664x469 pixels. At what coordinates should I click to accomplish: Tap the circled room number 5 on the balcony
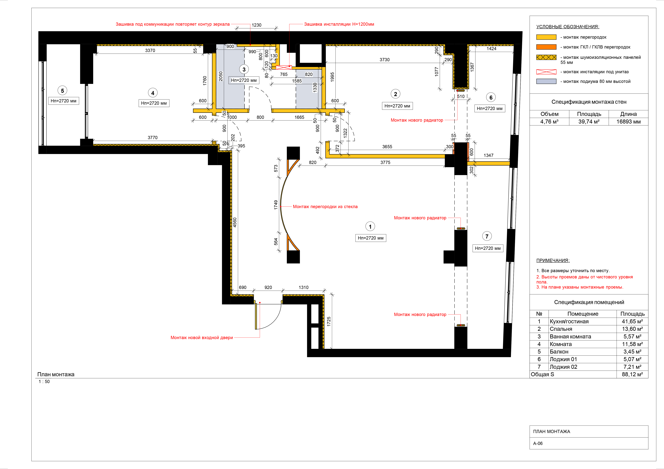[x=63, y=91]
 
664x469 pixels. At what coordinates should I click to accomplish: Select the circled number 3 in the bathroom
[x=244, y=69]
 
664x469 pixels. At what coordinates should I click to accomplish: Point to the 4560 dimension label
[x=235, y=222]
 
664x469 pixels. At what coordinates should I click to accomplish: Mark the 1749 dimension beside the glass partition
[x=276, y=205]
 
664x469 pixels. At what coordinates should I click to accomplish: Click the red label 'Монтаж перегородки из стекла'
[x=325, y=207]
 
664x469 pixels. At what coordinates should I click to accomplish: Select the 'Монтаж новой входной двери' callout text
[x=202, y=338]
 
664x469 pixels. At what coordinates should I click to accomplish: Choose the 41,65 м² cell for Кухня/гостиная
[x=632, y=321]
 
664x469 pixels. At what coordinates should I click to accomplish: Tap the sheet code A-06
[x=538, y=443]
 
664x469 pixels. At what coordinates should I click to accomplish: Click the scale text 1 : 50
[x=44, y=381]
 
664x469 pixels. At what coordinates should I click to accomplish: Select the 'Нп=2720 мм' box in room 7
[x=488, y=248]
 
